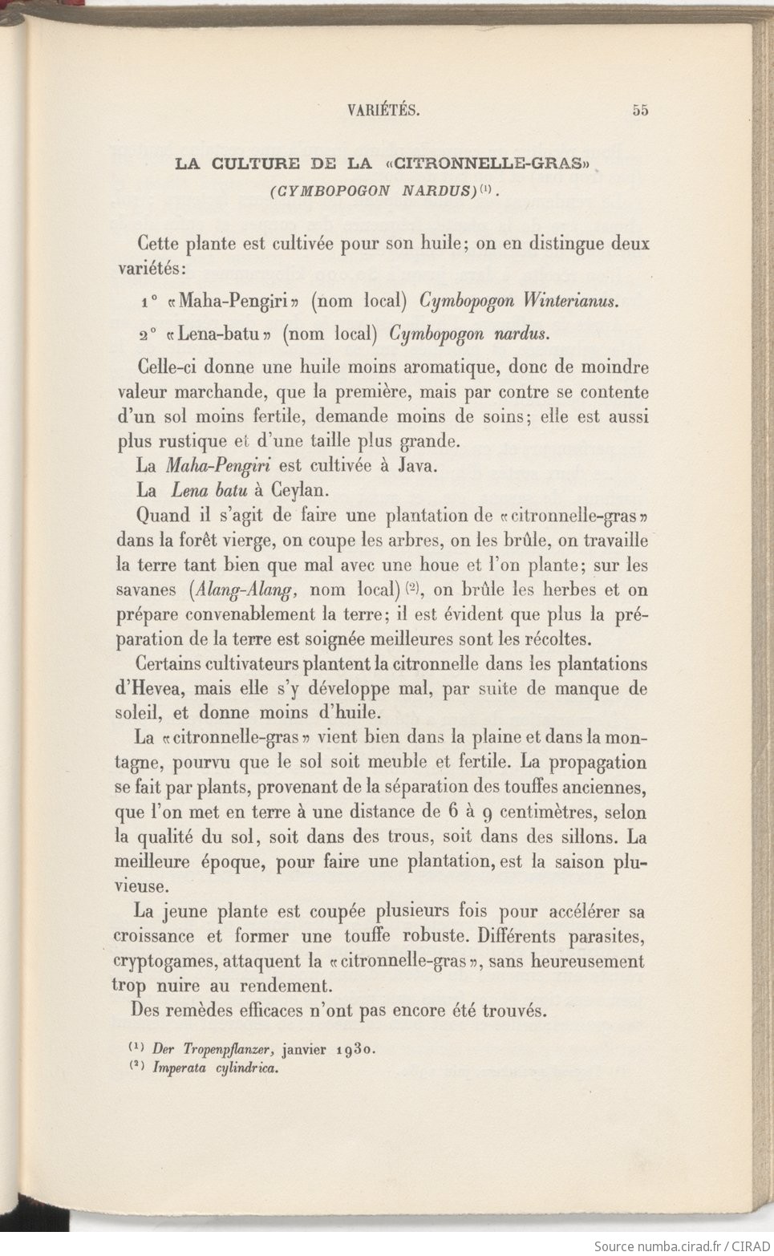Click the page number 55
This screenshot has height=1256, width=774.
coord(639,111)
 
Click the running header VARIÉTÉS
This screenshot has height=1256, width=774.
coord(384,111)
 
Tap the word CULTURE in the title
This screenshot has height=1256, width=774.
coord(254,164)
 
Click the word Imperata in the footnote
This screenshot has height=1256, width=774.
coord(180,1068)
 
